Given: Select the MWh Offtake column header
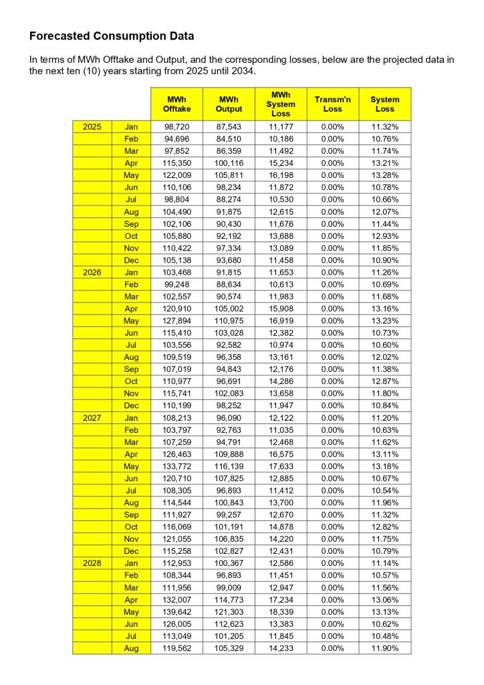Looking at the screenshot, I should click(177, 104).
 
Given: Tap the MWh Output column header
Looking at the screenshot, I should click(229, 104).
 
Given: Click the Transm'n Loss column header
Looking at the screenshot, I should click(332, 104).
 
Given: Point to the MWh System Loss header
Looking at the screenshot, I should click(281, 104).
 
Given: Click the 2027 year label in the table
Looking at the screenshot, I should click(92, 417).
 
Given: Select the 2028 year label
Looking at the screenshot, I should click(92, 563).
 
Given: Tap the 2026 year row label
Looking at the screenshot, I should click(92, 272).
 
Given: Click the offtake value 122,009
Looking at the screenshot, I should click(177, 175).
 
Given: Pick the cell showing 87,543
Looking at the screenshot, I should click(229, 126).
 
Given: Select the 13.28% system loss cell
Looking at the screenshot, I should click(384, 175).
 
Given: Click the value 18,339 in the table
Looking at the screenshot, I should click(281, 611).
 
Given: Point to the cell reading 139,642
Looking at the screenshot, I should click(177, 611).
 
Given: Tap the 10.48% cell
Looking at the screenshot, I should click(384, 636).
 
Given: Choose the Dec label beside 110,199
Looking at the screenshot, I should click(131, 405).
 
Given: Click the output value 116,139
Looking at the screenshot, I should click(229, 466).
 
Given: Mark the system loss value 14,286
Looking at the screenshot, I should click(281, 381).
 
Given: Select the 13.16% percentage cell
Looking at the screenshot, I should click(384, 308).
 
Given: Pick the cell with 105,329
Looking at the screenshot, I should click(229, 648).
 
